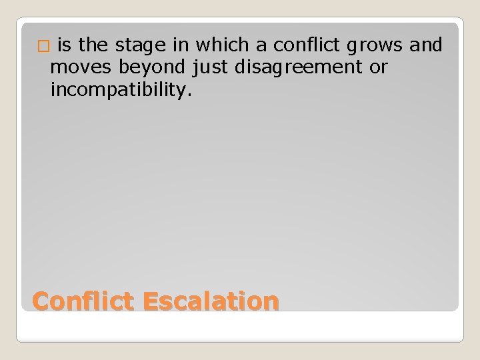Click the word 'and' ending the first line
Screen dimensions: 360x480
pyautogui.click(x=427, y=46)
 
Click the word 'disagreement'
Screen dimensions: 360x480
pyautogui.click(x=299, y=67)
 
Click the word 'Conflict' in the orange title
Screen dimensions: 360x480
pyautogui.click(x=83, y=301)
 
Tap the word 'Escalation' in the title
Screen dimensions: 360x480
pyautogui.click(x=210, y=301)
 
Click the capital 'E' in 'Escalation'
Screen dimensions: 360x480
pyautogui.click(x=151, y=301)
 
